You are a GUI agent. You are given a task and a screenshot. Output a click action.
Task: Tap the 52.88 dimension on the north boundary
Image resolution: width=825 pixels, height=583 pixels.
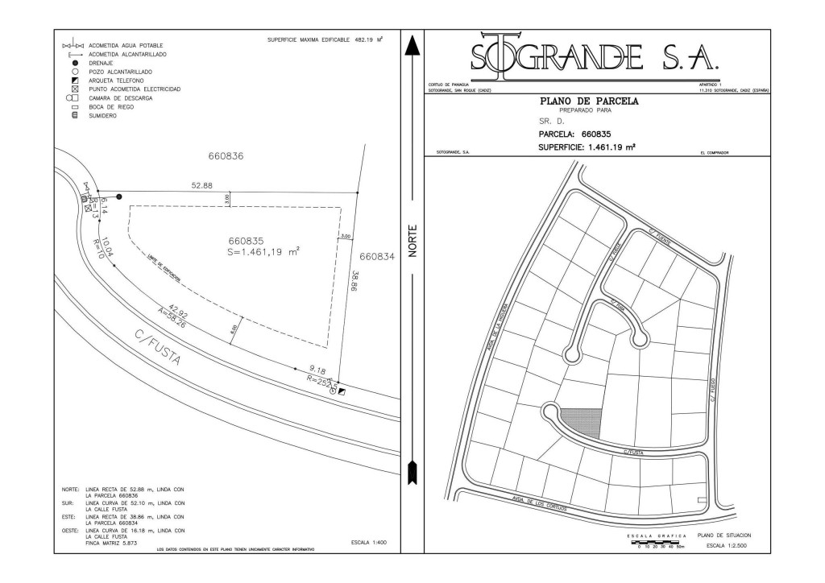tap(201, 186)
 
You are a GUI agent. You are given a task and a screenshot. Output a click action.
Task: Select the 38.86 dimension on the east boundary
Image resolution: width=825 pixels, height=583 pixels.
tap(354, 285)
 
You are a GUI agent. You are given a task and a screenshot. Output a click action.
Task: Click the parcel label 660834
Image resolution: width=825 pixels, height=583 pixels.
tap(377, 257)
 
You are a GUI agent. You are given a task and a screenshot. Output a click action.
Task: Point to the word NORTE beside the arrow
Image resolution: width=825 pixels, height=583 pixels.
tap(412, 241)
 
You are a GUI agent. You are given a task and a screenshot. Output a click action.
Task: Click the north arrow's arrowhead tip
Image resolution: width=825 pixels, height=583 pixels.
tap(412, 37)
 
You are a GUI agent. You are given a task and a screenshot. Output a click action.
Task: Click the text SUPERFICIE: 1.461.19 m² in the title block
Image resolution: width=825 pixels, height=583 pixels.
tap(587, 147)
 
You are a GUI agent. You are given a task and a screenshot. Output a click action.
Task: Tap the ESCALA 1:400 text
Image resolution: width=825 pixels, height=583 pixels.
tap(369, 543)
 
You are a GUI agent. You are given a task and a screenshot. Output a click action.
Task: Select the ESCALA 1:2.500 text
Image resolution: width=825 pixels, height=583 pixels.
tap(726, 546)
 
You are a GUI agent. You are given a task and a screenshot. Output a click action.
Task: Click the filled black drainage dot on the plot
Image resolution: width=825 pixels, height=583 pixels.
tap(119, 196)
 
